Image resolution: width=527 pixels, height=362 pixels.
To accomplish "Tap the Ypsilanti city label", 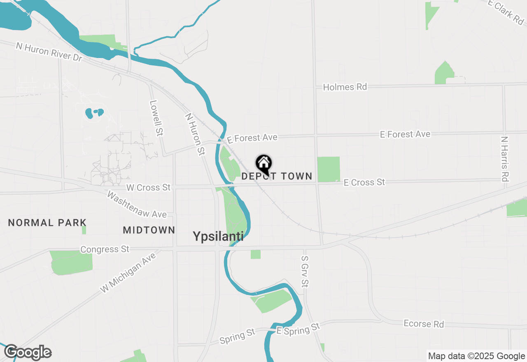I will coord(218,236).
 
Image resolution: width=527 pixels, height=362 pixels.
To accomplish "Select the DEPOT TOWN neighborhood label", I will coord(277,176).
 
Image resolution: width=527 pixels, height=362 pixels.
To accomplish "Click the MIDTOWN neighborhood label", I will coord(149,230).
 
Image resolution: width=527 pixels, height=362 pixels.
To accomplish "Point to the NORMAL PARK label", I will coord(47,223).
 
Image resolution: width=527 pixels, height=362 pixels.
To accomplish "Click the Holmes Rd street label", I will coord(345,87).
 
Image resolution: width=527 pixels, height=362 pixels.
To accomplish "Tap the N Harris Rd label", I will coord(505,159).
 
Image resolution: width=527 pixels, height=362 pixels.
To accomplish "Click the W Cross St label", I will coord(148,188).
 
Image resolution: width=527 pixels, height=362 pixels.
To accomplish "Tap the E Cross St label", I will coord(364,182).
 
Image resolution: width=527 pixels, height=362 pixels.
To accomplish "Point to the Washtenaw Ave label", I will coord(137,204).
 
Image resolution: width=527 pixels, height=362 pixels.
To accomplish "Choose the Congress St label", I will coord(105,249).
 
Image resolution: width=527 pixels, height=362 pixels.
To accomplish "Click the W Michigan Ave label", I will coord(128,272).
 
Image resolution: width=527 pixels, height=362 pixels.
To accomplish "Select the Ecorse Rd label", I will coord(424,324).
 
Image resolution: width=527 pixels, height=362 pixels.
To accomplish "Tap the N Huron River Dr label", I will coord(49,52).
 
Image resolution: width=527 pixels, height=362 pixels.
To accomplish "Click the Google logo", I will coord(28,352).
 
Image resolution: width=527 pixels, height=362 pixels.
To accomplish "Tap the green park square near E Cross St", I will coord(329,169).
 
